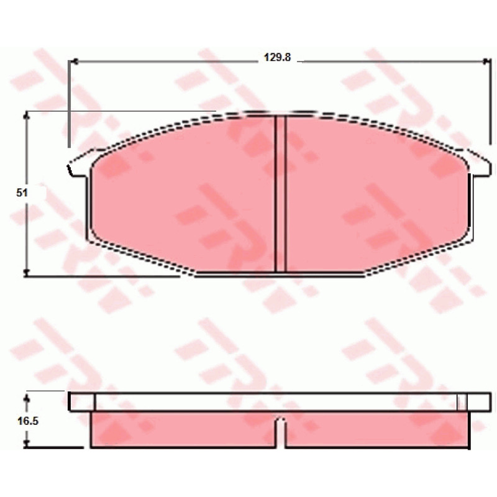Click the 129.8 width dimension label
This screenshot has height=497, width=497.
[x=277, y=57]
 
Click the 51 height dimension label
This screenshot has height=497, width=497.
[x=22, y=193]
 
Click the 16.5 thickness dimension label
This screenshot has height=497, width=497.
[x=28, y=421]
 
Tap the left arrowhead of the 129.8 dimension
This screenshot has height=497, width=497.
[x=73, y=62]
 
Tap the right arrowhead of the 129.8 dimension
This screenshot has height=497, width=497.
[x=486, y=62]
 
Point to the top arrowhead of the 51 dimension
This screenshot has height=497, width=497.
[x=27, y=116]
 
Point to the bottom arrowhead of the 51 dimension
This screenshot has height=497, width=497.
[x=27, y=272]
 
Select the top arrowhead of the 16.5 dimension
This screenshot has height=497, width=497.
[x=27, y=398]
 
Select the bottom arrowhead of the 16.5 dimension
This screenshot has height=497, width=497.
[x=27, y=444]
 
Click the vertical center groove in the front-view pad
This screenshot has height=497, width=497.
[x=280, y=194]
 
